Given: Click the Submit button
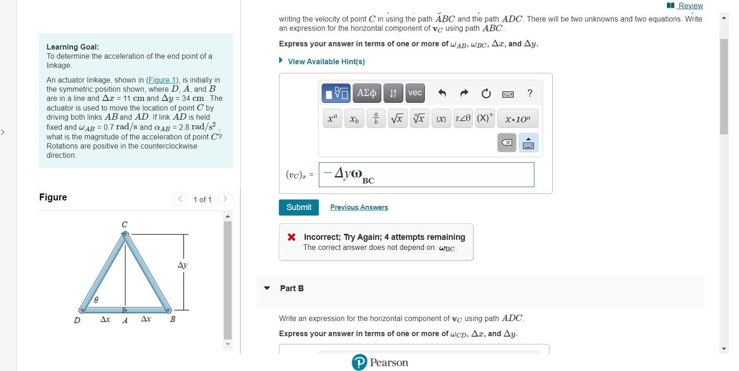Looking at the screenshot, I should coord(299,207).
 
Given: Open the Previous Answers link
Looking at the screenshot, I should coord(359,207).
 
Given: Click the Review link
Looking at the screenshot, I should coord(690,6).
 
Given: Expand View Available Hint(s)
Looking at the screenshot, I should coord(326,61).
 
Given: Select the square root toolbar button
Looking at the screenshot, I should coord(397,118).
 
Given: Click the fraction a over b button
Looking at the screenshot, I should coord(376,118).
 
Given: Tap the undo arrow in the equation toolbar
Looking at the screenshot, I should coord(442,94).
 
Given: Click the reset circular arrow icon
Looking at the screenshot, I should coord(486,94).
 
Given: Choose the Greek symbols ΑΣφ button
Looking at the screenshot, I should coord(367,93).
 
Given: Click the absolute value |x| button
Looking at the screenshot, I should coord(441,118).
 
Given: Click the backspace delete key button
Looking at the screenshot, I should coord(506,143).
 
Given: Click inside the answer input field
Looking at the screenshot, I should coord(427,175).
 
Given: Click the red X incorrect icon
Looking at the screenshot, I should coord(291,237).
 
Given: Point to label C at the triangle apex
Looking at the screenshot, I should coord(124,224).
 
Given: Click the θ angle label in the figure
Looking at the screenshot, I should coord(96,300).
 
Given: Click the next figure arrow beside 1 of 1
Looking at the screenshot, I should coord(225,199).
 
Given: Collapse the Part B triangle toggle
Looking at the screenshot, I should coord(267,288).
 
